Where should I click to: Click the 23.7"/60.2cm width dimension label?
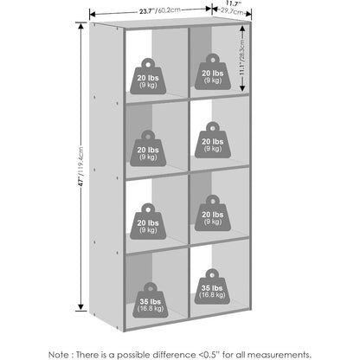coord(160,10)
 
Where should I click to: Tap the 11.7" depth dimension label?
coord(234,3)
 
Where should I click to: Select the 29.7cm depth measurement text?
coord(232,11)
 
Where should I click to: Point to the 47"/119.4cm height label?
coord(81,166)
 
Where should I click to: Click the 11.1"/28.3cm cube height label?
coord(242,57)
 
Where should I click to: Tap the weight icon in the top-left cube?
coord(148,76)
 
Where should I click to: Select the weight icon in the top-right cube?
coord(213,72)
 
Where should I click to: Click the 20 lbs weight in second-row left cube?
coord(148,148)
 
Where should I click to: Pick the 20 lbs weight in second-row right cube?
coord(213,140)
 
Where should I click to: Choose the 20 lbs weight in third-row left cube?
coord(148,222)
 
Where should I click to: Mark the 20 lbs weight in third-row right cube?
coord(213,213)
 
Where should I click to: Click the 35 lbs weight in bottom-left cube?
coord(151,300)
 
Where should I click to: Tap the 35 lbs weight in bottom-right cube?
coord(212,286)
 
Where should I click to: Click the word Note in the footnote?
coord(59,355)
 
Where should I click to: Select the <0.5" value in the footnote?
coord(209,355)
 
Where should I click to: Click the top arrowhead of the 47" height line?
coord(81,26)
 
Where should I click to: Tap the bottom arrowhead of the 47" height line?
coord(81,307)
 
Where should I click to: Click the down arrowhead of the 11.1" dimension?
coord(242,87)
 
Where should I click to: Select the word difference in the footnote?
coord(174,355)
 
